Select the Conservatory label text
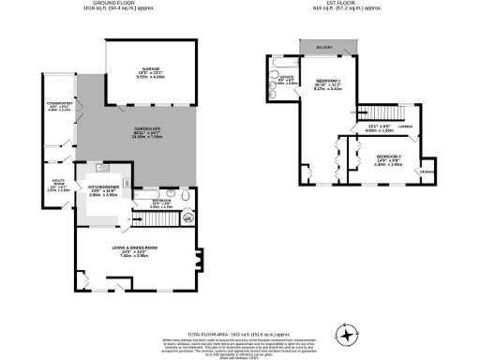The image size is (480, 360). (56, 106)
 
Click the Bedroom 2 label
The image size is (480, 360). (388, 159)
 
